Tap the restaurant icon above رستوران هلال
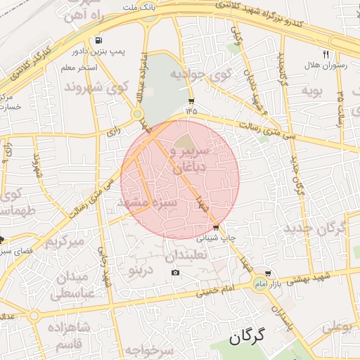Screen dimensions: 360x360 click(326, 54)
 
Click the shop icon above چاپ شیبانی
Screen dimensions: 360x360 click(216, 227)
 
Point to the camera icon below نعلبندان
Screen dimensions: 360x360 click(175, 273)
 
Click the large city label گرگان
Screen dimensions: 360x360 click(249, 337)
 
